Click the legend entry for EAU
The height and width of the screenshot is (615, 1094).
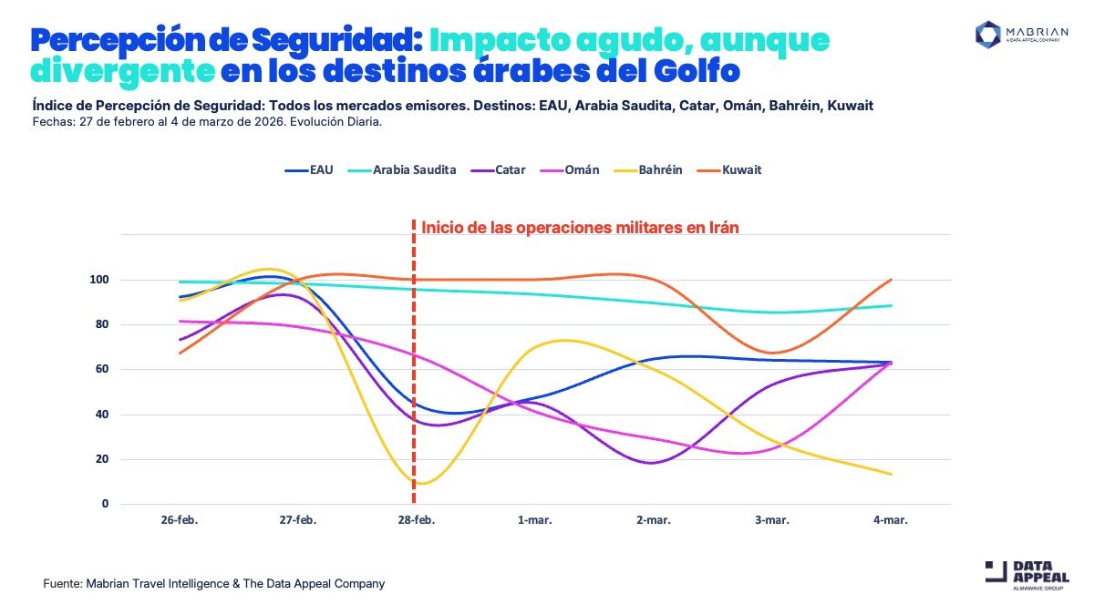coord(309,170)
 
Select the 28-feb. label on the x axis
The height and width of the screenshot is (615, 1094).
coord(416,521)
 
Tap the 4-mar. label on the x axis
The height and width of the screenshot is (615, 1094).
coord(890,521)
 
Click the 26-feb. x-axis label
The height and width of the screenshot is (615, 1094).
coord(179,521)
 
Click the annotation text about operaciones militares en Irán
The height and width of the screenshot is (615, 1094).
coord(580,228)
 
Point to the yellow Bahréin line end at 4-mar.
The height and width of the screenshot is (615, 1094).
coord(890,474)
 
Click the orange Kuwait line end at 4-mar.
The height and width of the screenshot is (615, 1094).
coord(890,280)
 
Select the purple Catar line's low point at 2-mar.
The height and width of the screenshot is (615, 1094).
coord(653,463)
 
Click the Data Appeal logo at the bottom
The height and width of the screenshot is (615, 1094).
coord(1027,577)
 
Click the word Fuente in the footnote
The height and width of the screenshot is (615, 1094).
coord(63,583)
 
